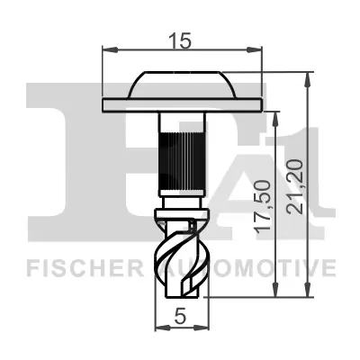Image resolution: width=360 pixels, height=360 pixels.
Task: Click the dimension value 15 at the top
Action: click(x=182, y=40)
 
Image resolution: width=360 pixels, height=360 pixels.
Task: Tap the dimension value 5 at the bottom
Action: click(x=181, y=316)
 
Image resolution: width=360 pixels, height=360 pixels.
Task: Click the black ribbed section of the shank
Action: click(x=182, y=158)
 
